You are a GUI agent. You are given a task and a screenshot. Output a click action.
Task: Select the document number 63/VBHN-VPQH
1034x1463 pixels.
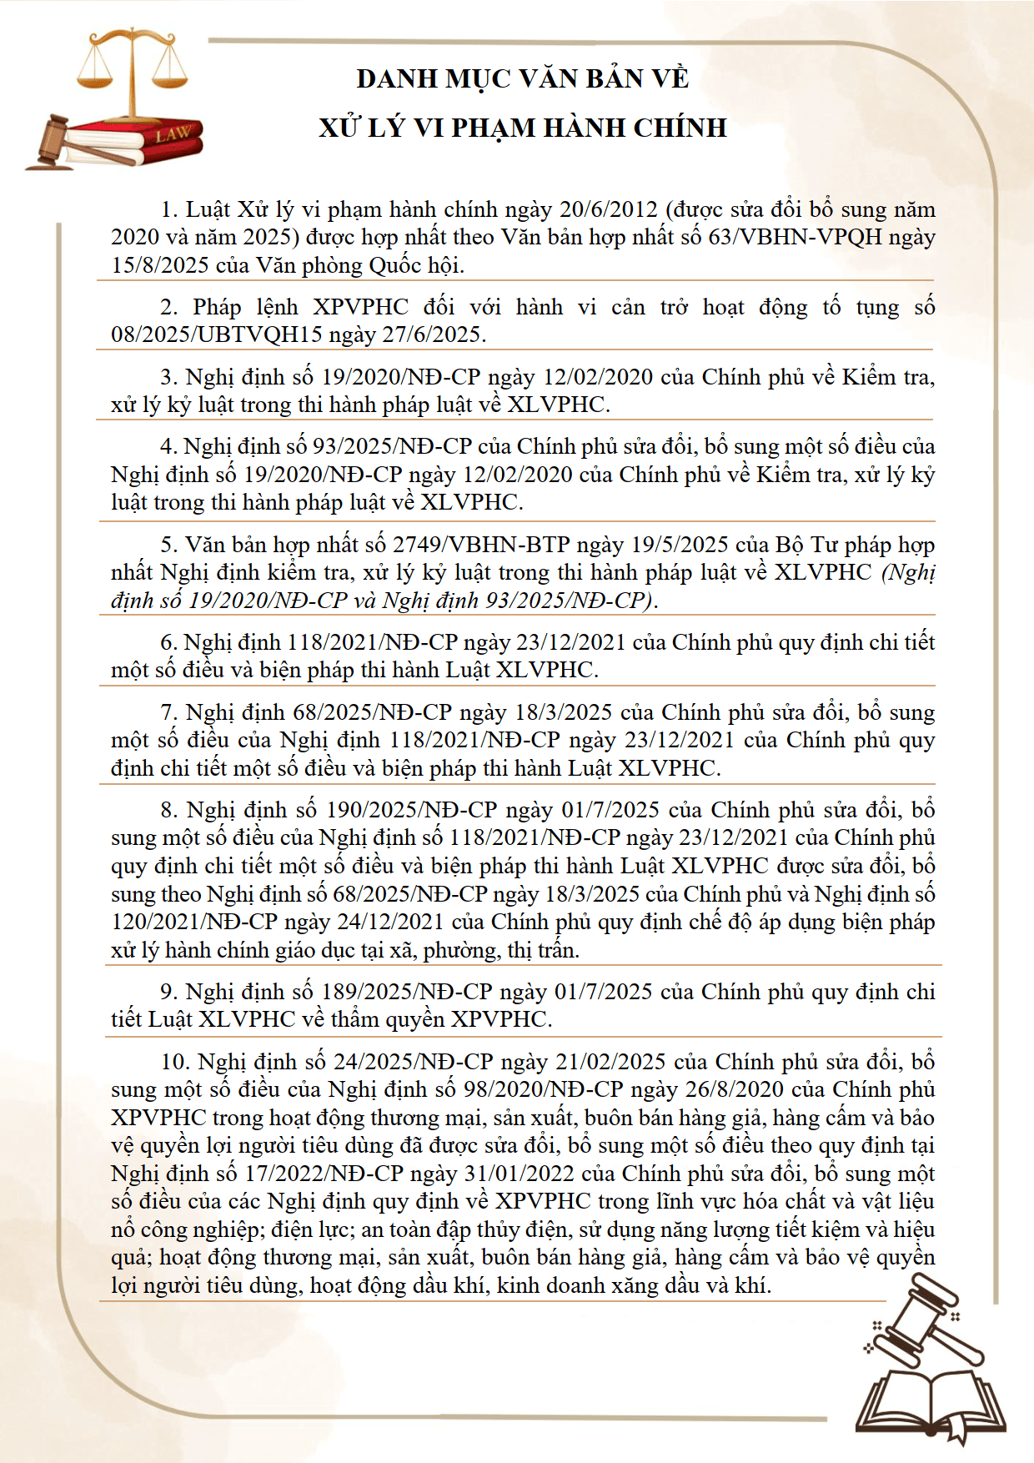795,238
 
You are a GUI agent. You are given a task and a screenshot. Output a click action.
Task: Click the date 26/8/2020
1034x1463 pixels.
728,1089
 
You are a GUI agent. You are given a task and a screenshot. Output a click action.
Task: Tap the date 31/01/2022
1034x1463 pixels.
519,1174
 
